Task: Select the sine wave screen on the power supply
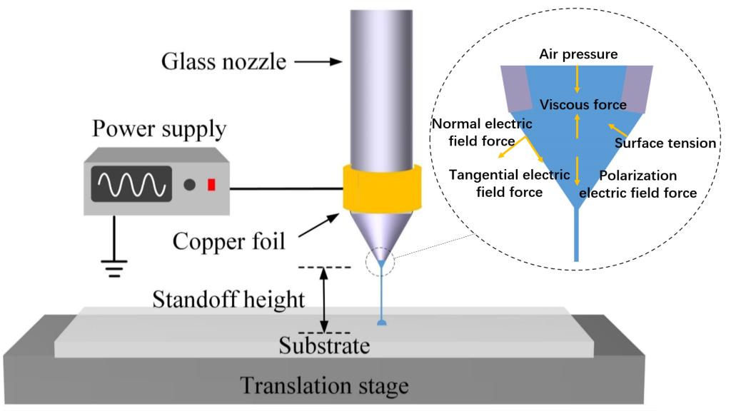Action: tap(130, 183)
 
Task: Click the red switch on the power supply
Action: tap(211, 185)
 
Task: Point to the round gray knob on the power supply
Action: tap(189, 185)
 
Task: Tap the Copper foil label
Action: tap(228, 241)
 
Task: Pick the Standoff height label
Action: tap(228, 300)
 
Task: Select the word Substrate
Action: tap(324, 347)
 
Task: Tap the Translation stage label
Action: tap(324, 386)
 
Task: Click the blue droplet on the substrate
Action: tap(382, 323)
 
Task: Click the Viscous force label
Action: tap(583, 105)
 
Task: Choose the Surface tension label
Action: tap(665, 143)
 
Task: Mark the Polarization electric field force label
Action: tap(637, 183)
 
